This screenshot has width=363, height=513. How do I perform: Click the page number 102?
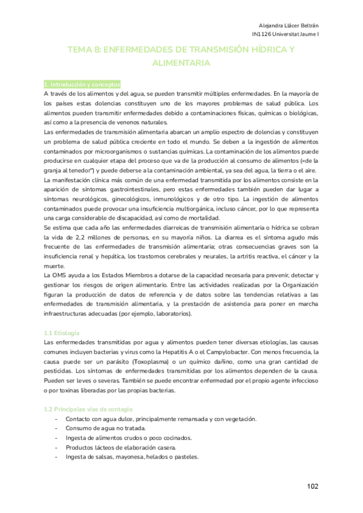coord(312,486)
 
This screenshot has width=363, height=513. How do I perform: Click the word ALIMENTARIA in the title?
coord(181,63)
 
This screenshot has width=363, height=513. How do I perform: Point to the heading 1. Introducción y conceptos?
coord(82,84)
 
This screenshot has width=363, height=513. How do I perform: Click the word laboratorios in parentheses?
coord(170,315)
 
